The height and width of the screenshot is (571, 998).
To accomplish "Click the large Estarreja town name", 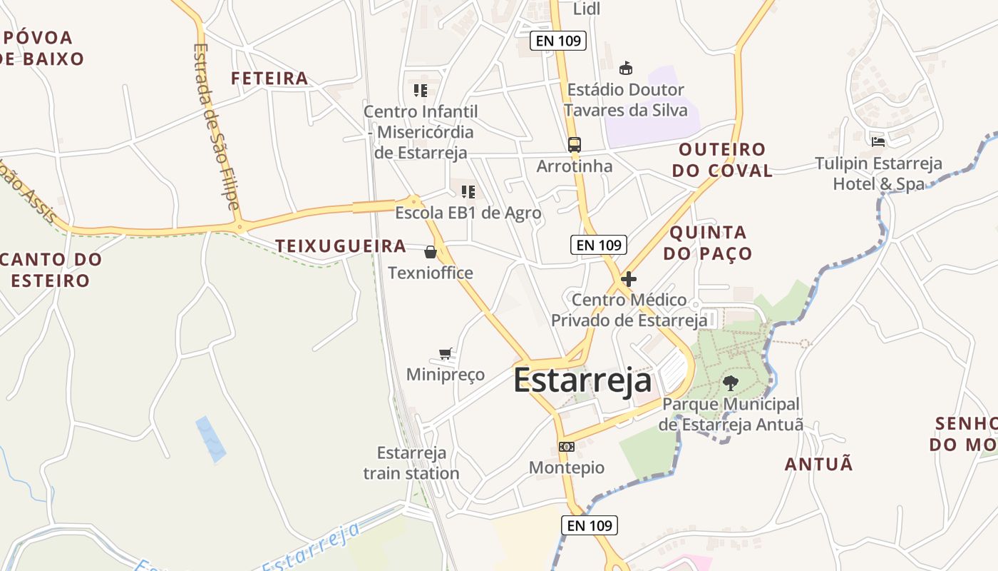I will coord(582,380).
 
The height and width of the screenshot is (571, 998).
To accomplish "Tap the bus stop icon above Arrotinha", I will coord(575,145).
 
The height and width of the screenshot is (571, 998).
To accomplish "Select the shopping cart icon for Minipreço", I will coord(446,353).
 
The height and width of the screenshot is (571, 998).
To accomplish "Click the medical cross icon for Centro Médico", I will coord(629,279).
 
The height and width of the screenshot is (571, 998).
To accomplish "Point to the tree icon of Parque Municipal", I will coord(731,383).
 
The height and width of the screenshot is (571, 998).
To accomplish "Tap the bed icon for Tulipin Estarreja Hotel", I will coord(878,141).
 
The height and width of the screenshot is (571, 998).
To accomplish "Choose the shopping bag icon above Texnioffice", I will coord(431,252).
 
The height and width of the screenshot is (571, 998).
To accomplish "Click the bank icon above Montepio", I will coord(567,447).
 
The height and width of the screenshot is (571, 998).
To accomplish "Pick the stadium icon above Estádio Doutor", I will coord(626,69).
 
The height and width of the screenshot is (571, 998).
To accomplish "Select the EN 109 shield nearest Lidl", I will coord(559,41).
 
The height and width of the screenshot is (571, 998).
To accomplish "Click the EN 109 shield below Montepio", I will coord(589,526).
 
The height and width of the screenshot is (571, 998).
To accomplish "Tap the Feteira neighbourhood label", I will coord(269,79).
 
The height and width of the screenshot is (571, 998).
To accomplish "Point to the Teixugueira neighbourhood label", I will coord(341,246).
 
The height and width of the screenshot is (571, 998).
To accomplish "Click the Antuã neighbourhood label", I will coord(818,465).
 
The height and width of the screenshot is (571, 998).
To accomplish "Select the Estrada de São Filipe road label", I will coord(217,126).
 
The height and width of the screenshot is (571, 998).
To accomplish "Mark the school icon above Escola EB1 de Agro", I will coord(468,191).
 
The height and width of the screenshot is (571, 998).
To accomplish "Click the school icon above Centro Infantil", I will coord(421,91).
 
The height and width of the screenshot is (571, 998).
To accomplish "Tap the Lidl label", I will coord(587,9).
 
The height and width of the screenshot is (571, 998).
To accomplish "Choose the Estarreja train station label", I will coord(411,463).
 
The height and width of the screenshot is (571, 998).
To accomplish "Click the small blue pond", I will coord(210,438).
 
